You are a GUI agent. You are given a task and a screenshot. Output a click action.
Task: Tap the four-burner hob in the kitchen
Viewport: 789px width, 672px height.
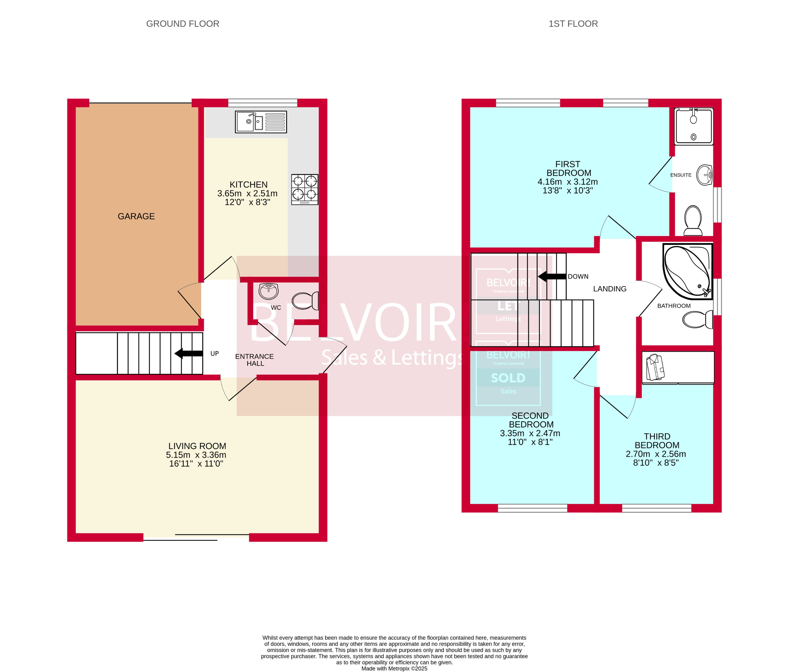tap(305, 189)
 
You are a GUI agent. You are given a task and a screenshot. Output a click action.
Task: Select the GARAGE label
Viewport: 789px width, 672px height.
tap(136, 216)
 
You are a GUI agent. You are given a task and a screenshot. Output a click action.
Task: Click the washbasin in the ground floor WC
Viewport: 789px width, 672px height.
tap(269, 291)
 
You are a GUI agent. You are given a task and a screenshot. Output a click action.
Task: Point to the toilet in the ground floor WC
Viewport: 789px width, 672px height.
tap(305, 301)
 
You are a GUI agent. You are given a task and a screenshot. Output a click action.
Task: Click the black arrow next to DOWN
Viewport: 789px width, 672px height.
tap(552, 277)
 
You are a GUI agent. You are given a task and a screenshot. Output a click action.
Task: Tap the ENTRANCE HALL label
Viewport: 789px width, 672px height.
tap(254, 360)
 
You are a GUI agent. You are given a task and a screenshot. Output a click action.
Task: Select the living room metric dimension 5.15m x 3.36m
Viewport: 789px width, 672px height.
tap(196, 455)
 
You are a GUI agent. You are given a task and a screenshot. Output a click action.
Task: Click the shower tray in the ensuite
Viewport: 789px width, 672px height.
tap(694, 126)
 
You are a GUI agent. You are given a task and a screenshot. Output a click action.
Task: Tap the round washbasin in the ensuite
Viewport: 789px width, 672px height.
tap(704, 175)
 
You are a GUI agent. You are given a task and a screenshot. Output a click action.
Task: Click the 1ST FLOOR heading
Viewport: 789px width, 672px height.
tap(573, 24)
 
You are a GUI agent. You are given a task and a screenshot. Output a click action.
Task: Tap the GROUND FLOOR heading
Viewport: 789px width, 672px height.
tap(182, 24)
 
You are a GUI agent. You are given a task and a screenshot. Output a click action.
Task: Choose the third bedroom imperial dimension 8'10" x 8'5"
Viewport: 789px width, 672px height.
tap(656, 463)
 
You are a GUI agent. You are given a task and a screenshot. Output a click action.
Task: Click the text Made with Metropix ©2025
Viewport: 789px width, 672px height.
tap(394, 669)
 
